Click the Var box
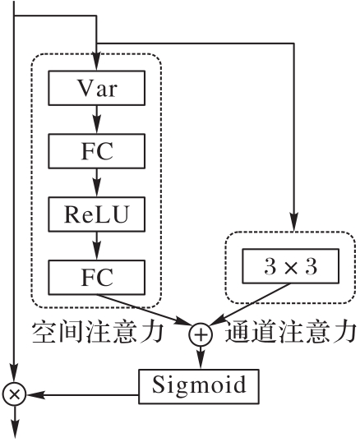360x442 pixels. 97,88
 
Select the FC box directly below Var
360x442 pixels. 97,151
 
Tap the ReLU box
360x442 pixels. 97,214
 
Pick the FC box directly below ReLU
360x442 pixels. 97,278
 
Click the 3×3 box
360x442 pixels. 291,266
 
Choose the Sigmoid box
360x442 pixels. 199,386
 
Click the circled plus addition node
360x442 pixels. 201,334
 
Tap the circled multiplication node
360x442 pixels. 14,394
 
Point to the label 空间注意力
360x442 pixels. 98,332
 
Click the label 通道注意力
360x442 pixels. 291,332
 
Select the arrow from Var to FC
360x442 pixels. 97,119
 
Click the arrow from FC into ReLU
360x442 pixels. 97,182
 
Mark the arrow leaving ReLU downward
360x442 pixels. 97,246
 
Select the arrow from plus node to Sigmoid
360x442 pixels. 201,357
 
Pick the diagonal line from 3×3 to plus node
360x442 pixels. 251,304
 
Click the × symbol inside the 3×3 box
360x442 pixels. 291,267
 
